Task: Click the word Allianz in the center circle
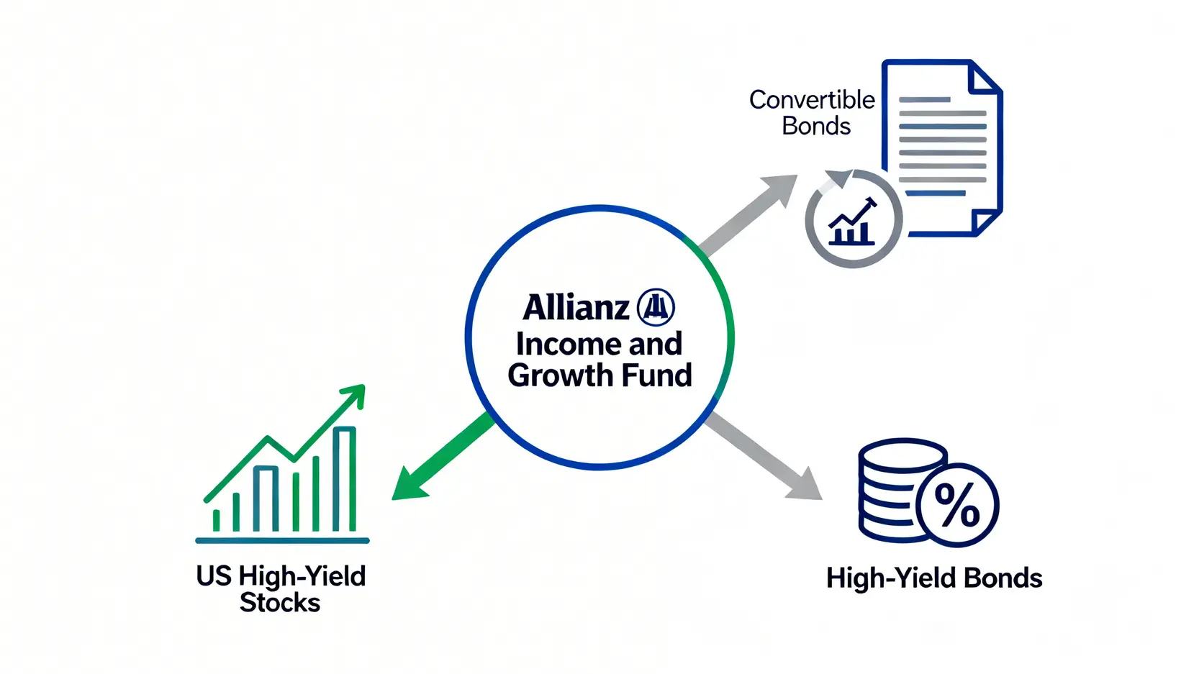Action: [x=576, y=307]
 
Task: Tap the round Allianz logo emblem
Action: [x=656, y=307]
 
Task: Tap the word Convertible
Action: [x=812, y=100]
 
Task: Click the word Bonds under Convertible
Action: [x=815, y=127]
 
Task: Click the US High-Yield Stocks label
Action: [x=281, y=589]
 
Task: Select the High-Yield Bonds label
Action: [x=934, y=578]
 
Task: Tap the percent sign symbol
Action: [x=957, y=505]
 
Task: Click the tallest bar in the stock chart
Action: [x=344, y=479]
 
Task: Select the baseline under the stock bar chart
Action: [x=283, y=541]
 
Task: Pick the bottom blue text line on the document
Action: [x=935, y=193]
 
